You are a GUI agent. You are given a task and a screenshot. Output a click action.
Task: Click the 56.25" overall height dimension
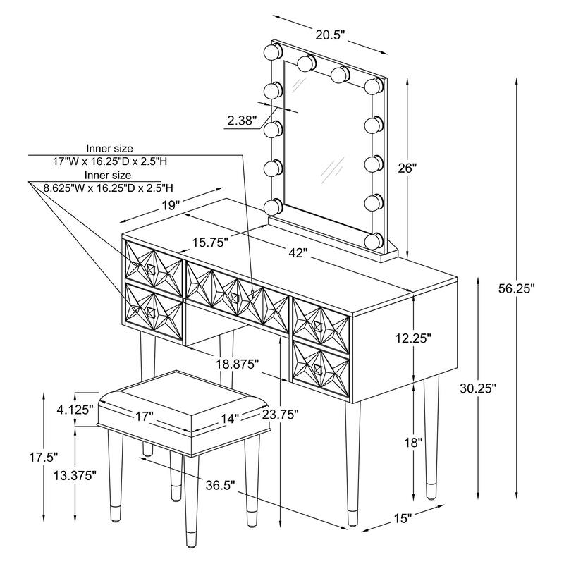tap(518, 288)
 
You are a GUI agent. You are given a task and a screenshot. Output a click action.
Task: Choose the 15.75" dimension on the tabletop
tap(209, 242)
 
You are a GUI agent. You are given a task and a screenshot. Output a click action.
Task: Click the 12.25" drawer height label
tap(413, 338)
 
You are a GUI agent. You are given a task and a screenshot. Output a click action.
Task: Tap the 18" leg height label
tap(414, 442)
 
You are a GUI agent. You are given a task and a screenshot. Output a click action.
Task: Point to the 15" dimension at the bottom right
tap(403, 520)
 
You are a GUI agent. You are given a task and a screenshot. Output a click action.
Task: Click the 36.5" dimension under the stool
tap(220, 486)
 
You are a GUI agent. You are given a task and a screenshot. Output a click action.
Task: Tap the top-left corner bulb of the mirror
tap(273, 51)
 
